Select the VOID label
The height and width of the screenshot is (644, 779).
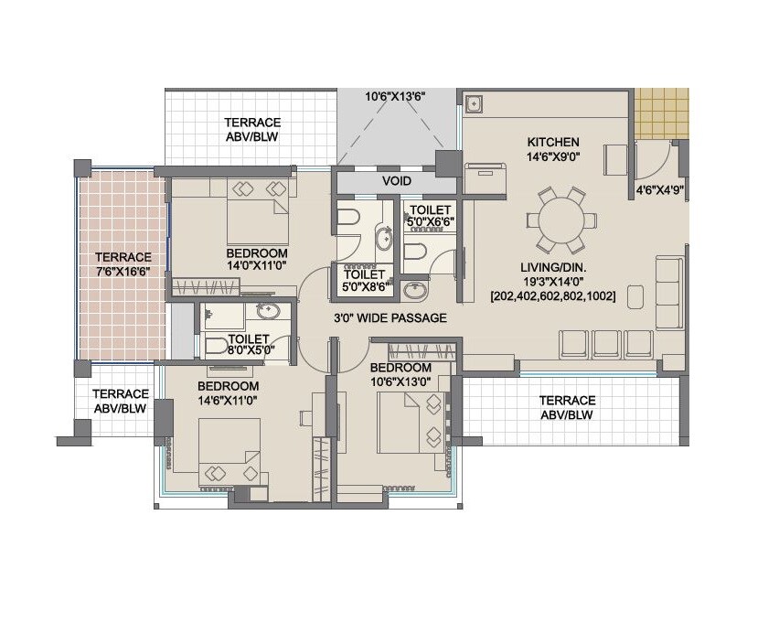tap(394, 181)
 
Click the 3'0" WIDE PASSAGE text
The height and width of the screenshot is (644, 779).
tap(389, 318)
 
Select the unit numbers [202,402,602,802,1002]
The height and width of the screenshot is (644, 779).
tap(552, 296)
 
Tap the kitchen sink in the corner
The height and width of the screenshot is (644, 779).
tap(474, 103)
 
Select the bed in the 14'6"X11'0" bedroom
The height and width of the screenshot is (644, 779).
tap(229, 453)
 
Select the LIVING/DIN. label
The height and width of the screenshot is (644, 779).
tap(553, 267)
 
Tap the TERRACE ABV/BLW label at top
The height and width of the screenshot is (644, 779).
tap(252, 129)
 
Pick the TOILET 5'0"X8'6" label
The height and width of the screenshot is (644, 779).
tap(365, 279)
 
